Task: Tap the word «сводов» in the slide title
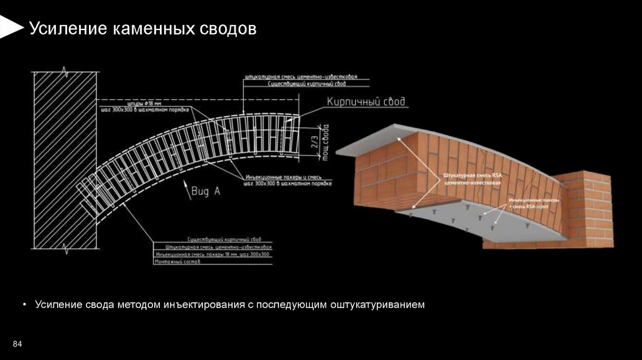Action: (228, 29)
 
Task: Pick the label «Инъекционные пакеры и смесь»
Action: (275, 177)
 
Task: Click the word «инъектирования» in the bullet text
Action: (201, 305)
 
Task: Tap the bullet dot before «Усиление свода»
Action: (24, 305)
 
